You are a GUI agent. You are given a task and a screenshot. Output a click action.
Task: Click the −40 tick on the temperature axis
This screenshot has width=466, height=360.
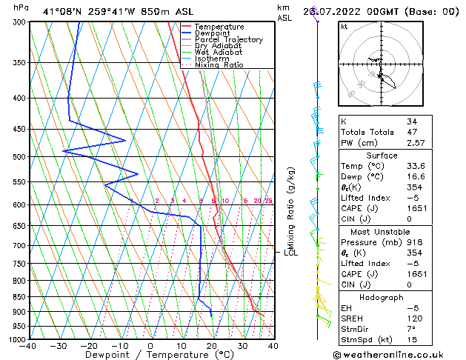click(28, 345)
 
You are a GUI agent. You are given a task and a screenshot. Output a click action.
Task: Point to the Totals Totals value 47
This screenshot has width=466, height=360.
click(411, 132)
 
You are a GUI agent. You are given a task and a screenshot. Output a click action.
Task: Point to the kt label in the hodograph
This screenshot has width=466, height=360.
click(344, 27)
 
